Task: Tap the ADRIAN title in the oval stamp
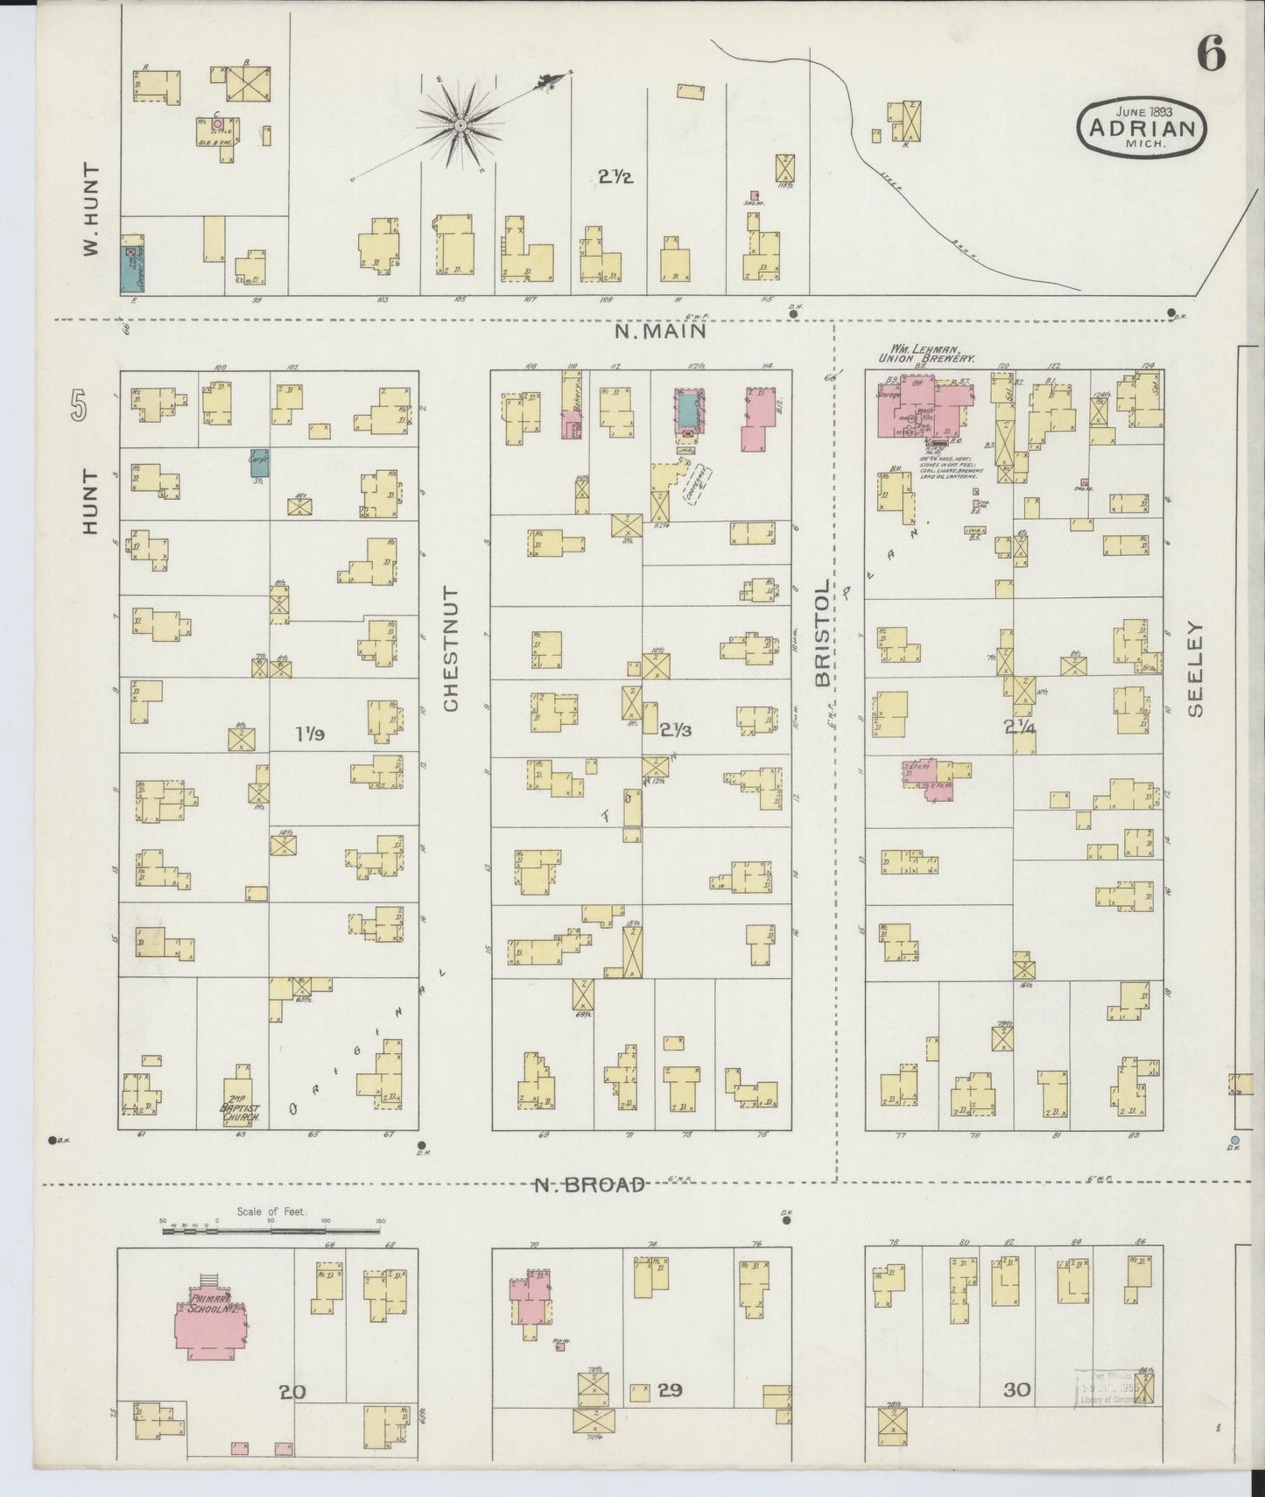1142,129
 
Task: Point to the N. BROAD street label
590,1184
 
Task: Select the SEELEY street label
1195,670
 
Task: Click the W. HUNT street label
90,210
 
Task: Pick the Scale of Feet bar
271,1231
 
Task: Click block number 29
670,1389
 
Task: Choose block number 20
292,1391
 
